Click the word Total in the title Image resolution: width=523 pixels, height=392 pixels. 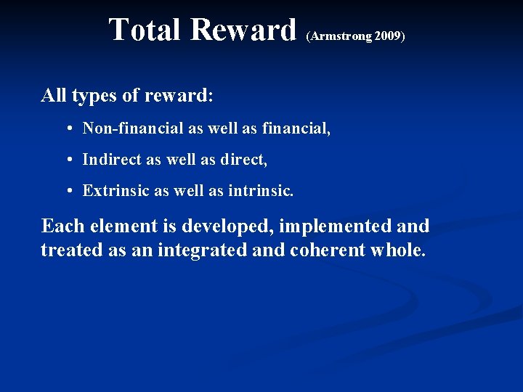[x=146, y=30]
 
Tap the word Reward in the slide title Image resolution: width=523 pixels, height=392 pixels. [x=244, y=30]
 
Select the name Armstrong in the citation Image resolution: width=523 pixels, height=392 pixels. [x=341, y=35]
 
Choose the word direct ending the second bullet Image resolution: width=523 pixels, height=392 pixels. [x=247, y=160]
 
